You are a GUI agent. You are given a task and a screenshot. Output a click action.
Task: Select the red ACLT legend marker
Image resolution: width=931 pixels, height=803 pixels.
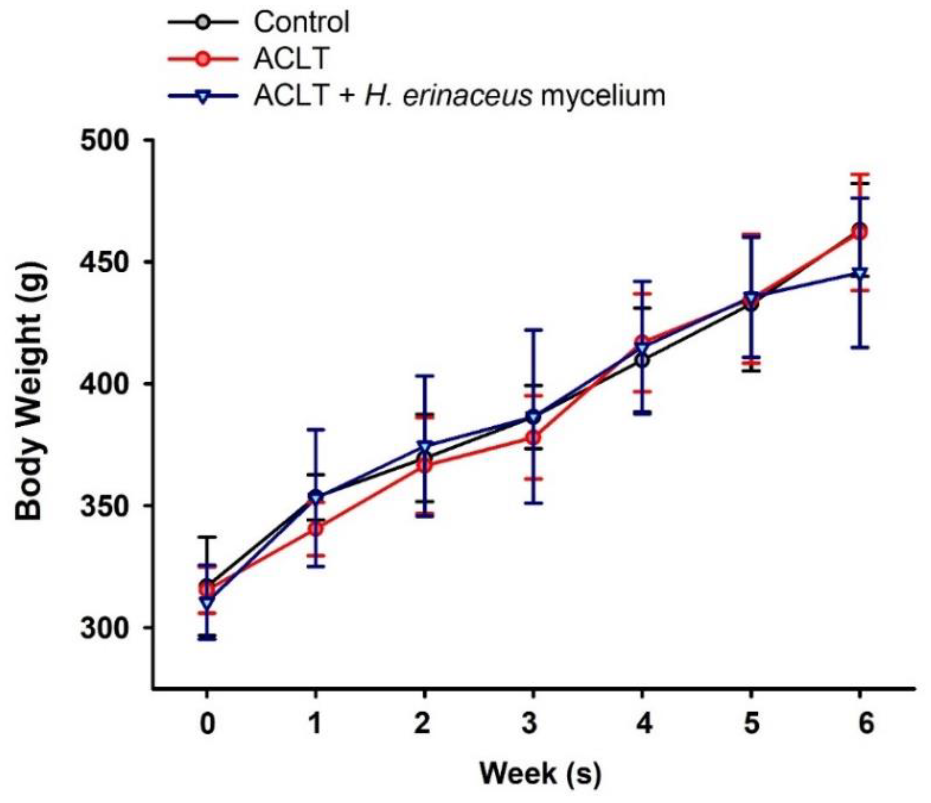[x=203, y=59]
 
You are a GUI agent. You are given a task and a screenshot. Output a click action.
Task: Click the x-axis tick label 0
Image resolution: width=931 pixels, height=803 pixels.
[x=206, y=724]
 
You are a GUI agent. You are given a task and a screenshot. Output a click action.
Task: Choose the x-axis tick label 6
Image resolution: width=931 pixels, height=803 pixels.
[x=860, y=724]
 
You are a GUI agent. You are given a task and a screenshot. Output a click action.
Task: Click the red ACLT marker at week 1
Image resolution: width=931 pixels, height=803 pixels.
[x=316, y=529]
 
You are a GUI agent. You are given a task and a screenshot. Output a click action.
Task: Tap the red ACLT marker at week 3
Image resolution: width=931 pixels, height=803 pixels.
[x=533, y=437]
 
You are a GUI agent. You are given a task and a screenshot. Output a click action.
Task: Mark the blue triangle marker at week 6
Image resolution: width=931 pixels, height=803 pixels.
[x=860, y=273]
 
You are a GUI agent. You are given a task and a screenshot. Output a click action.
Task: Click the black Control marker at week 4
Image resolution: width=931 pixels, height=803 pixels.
[x=642, y=360]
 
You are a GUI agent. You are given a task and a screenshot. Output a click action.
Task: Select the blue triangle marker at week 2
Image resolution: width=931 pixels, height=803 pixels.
[x=425, y=447]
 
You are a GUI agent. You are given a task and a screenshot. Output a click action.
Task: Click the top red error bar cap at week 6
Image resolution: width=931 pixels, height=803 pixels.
[x=860, y=174]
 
